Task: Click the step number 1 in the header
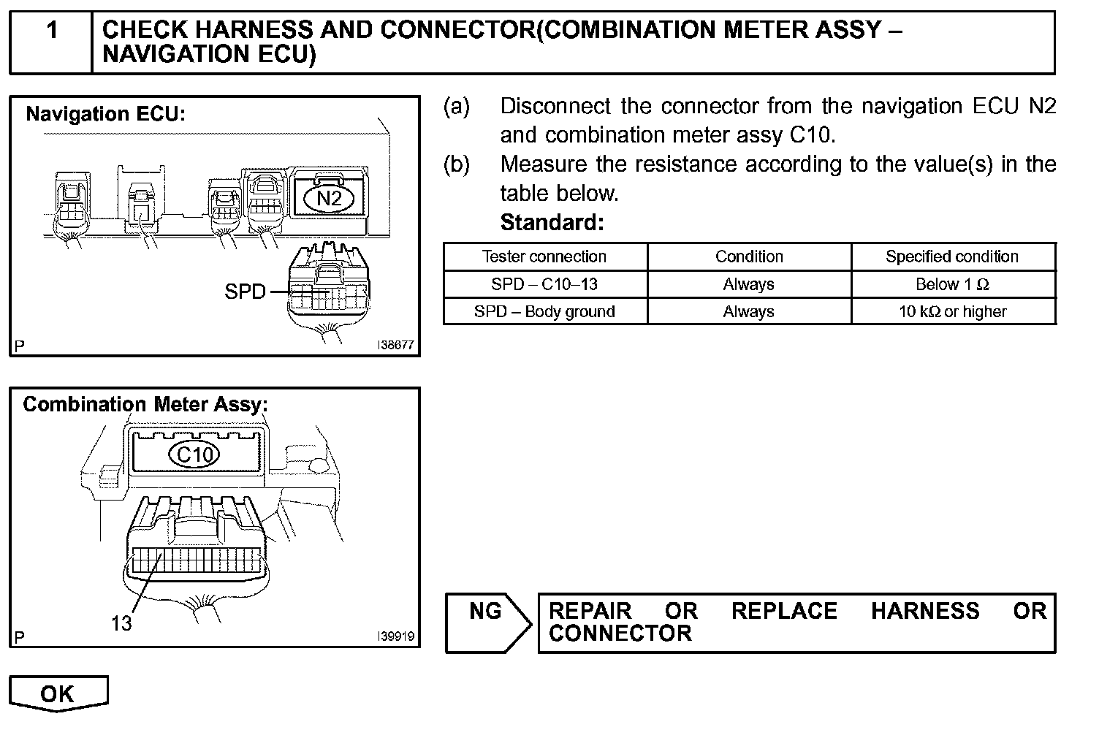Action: [x=52, y=31]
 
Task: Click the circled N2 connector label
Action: [x=328, y=198]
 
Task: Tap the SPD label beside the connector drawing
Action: [x=246, y=292]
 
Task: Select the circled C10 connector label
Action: [x=195, y=454]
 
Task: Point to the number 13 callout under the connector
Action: [x=121, y=623]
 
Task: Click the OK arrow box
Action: [x=58, y=693]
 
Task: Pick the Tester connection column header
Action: [x=544, y=256]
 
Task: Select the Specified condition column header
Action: [x=952, y=256]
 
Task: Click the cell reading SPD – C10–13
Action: [x=544, y=284]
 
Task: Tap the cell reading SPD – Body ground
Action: [x=544, y=311]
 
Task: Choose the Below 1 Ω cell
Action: [x=952, y=284]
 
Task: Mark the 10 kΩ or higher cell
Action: [x=952, y=311]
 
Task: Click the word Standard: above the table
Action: [x=552, y=222]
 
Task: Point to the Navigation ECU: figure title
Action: [x=106, y=114]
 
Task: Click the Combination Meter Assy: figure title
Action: [x=145, y=404]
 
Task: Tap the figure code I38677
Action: [x=395, y=345]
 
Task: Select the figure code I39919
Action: [x=395, y=636]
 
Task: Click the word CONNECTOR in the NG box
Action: [x=620, y=633]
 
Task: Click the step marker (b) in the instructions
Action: [x=457, y=164]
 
